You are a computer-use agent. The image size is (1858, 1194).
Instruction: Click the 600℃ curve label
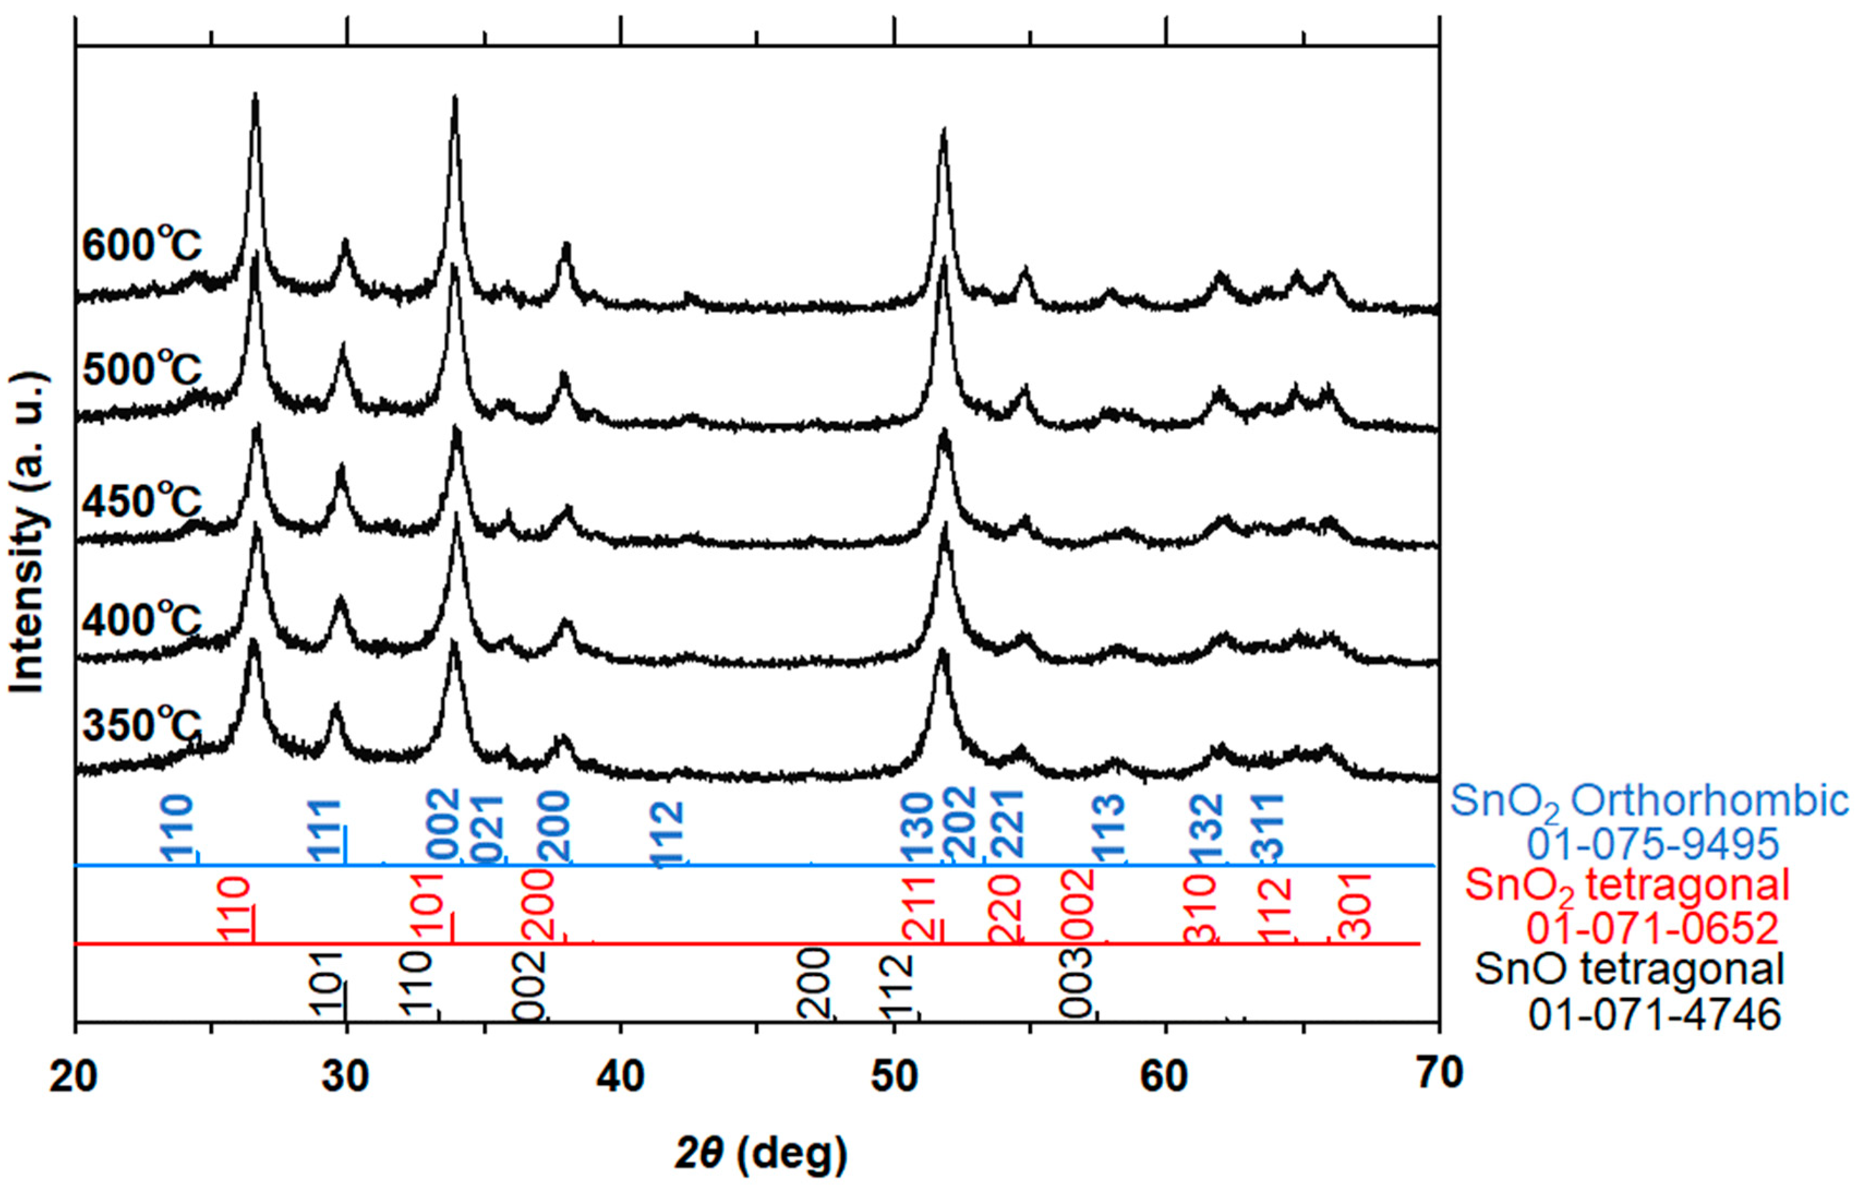tap(142, 246)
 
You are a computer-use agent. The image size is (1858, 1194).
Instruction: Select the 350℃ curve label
tap(142, 726)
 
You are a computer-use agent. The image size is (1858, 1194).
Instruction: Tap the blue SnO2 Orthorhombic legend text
tap(1649, 801)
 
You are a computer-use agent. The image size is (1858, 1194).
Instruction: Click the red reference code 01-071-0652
tap(1652, 928)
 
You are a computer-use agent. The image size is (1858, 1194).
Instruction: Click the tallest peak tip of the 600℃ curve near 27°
tap(255, 95)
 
